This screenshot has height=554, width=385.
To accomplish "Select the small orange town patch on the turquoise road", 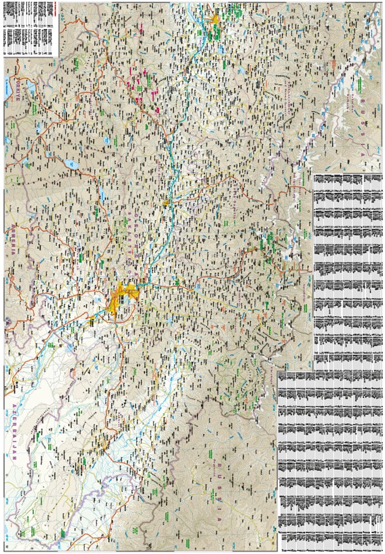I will pyautogui.click(x=166, y=203).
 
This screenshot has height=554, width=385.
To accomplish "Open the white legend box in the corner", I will pyautogui.click(x=31, y=28).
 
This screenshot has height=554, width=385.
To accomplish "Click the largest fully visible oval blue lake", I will pyautogui.click(x=71, y=164).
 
